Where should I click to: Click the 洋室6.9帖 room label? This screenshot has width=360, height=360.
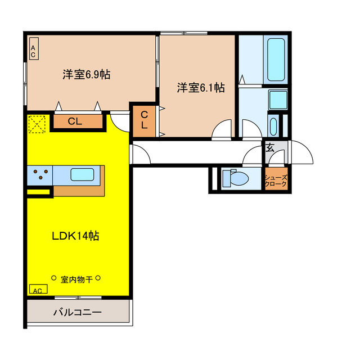86,74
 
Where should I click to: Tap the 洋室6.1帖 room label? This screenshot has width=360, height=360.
201,88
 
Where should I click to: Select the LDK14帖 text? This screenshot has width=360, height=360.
75,236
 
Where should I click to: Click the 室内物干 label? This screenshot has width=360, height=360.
76,278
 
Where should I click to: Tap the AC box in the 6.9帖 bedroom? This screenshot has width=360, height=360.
33,51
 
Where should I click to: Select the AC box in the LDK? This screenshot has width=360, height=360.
38,290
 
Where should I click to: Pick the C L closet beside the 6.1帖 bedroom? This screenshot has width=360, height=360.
145,120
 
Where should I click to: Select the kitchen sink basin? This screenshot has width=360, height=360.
82,174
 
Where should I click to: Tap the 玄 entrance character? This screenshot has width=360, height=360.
270,148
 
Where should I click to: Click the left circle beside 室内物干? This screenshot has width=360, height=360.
54,278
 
